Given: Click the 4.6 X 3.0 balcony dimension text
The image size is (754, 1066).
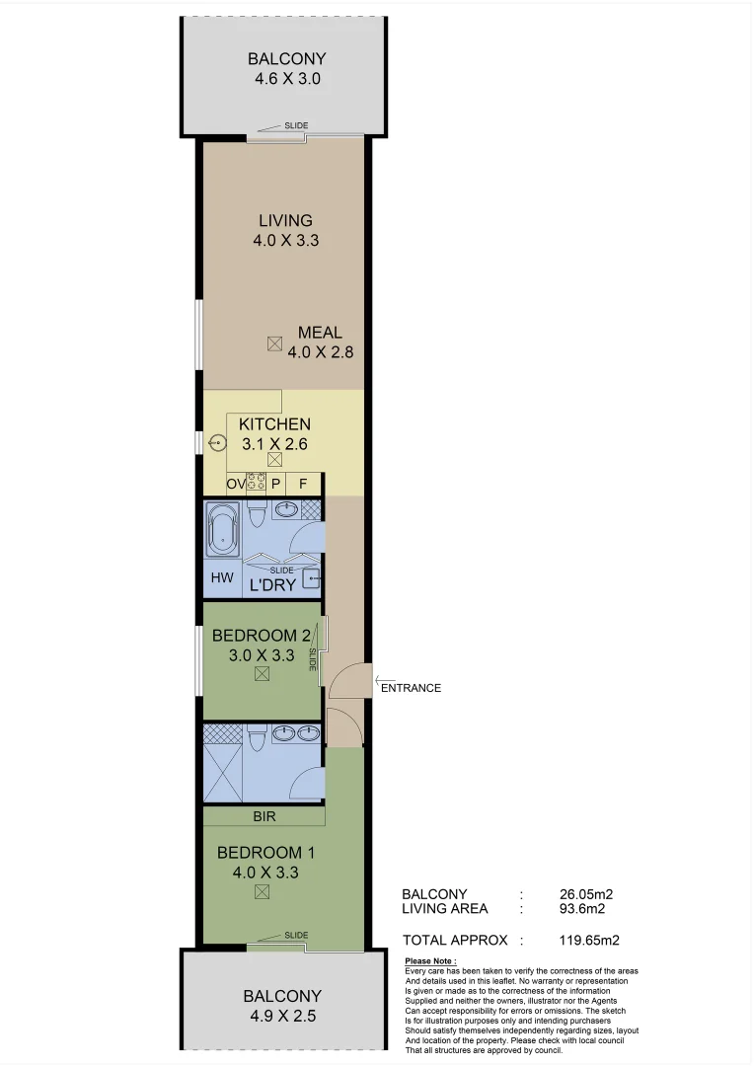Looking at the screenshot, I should click(285, 78).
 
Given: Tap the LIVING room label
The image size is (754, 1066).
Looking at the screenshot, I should click(285, 220).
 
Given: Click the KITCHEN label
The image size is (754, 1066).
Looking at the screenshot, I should click(274, 424).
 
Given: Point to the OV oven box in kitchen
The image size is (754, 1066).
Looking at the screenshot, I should click(235, 485).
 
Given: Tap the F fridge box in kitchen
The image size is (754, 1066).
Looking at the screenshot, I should click(303, 485).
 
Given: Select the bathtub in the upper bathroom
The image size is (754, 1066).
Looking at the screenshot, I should click(222, 529).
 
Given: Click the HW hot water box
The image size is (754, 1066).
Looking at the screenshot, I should click(222, 577).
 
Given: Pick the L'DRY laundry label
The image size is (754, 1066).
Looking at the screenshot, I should click(272, 584).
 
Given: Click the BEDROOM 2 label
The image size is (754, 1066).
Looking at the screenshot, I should click(262, 636).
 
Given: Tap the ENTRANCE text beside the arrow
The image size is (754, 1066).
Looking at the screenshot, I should click(411, 688).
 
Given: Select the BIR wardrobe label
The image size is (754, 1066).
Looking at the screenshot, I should click(264, 817).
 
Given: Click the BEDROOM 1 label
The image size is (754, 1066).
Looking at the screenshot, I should click(265, 852).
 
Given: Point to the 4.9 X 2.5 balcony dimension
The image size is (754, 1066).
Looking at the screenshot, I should click(282, 1015).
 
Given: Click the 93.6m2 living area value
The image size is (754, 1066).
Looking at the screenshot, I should click(581, 909).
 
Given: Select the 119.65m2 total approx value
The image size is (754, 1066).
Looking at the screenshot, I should click(588, 941).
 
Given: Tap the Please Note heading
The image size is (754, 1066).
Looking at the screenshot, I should click(431, 961).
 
